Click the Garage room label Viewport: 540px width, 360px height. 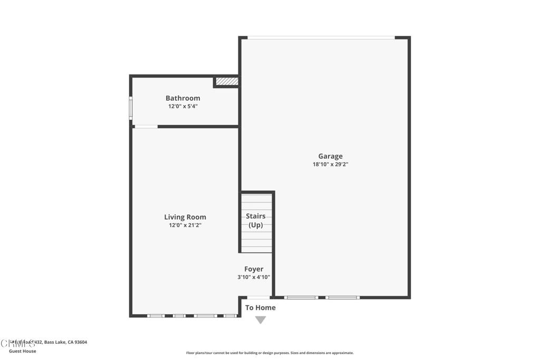[x=330, y=156]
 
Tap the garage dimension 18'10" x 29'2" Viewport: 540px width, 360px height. [x=330, y=164]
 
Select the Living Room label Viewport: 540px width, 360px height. [x=185, y=217]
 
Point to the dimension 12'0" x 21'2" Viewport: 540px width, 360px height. [x=185, y=226]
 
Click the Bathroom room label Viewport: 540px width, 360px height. [x=182, y=98]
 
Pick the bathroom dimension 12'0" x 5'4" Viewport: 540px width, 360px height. [x=182, y=106]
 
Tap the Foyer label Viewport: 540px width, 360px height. [x=254, y=269]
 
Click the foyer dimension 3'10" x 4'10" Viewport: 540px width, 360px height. [x=254, y=278]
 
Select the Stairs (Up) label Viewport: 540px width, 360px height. [x=256, y=220]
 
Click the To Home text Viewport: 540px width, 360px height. [x=260, y=308]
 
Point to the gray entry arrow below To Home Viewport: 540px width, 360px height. [x=261, y=320]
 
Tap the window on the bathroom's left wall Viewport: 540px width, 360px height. [x=131, y=108]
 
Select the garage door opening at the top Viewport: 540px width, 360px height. [x=321, y=37]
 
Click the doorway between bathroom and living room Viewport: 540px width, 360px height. [x=146, y=127]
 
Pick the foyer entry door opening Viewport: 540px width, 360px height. [x=258, y=298]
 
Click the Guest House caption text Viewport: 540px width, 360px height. [x=23, y=351]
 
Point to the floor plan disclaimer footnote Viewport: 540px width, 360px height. [x=269, y=353]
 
